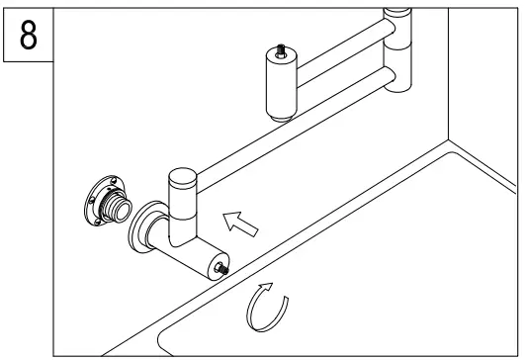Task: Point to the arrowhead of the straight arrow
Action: (x=231, y=214)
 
